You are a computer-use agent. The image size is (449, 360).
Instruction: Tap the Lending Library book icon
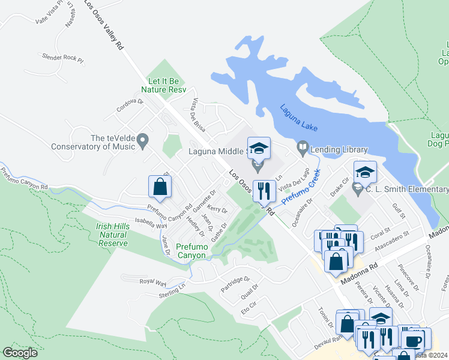pyautogui.click(x=303, y=147)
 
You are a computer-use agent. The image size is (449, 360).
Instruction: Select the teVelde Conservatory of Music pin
pyautogui.click(x=142, y=142)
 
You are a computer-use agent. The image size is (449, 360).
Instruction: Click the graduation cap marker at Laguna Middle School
pyautogui.click(x=259, y=148)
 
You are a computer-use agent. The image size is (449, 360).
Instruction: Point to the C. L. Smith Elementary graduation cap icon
pyautogui.click(x=365, y=173)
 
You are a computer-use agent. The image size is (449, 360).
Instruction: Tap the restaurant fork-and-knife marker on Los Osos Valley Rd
pyautogui.click(x=264, y=191)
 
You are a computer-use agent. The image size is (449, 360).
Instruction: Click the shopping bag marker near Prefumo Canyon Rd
pyautogui.click(x=160, y=187)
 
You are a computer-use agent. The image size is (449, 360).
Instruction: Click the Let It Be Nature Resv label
pyautogui.click(x=164, y=85)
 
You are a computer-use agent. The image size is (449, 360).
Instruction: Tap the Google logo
pyautogui.click(x=20, y=353)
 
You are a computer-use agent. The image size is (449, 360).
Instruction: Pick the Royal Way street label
pyautogui.click(x=152, y=281)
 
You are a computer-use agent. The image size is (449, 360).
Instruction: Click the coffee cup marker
pyautogui.click(x=412, y=341)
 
